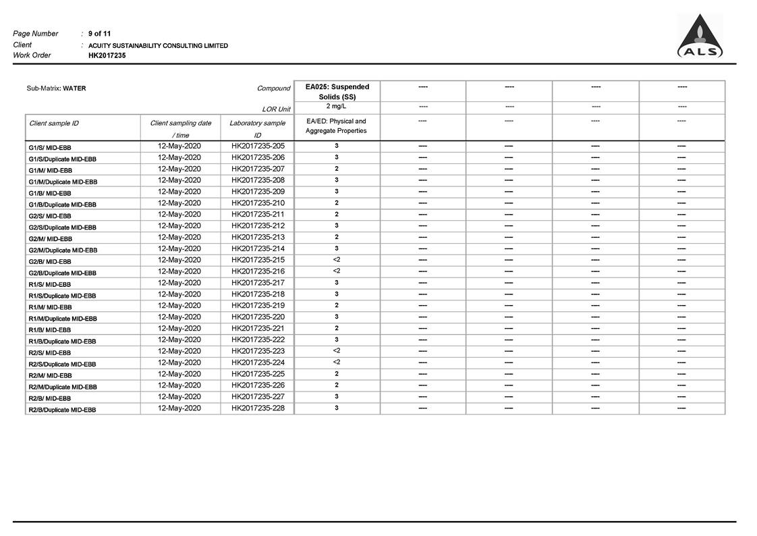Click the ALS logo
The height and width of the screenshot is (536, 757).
(700, 38)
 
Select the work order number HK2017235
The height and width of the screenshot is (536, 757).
(107, 55)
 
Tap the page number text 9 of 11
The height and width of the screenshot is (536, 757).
(100, 33)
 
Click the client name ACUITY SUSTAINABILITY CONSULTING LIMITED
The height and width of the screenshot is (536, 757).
(158, 45)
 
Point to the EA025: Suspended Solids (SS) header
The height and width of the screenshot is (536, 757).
(337, 91)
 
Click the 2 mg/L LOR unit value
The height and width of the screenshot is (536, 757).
(337, 107)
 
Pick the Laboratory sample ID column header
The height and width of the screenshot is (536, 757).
(257, 128)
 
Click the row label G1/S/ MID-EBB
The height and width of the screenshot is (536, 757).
(50, 147)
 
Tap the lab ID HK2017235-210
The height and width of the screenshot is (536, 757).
(258, 203)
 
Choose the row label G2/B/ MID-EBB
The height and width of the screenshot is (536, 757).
(50, 261)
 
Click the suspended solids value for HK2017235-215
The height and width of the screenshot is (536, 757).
(337, 260)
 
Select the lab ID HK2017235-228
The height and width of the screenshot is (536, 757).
(258, 408)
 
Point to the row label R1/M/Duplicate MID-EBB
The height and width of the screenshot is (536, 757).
(63, 319)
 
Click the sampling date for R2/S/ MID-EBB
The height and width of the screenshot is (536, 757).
(179, 351)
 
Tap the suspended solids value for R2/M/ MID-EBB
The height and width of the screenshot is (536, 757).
(337, 374)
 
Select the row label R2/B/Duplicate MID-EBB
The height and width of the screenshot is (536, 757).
(62, 410)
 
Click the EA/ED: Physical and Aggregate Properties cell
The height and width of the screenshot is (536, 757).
(336, 126)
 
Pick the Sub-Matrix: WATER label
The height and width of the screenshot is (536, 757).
(56, 88)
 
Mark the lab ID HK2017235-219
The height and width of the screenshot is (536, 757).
(258, 305)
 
